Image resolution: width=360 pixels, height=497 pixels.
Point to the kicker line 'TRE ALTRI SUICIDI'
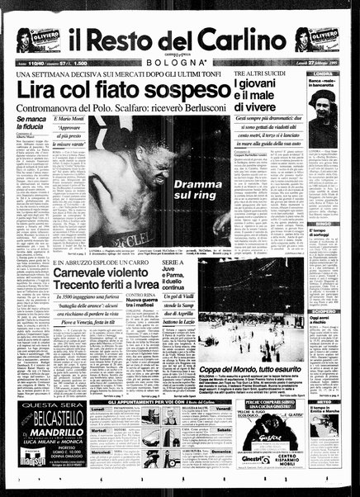coord(259,74)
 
